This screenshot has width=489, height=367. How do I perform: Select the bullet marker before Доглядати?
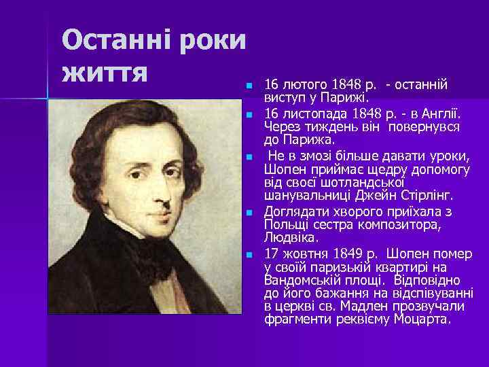click(x=249, y=213)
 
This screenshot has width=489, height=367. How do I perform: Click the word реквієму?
click(x=366, y=319)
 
